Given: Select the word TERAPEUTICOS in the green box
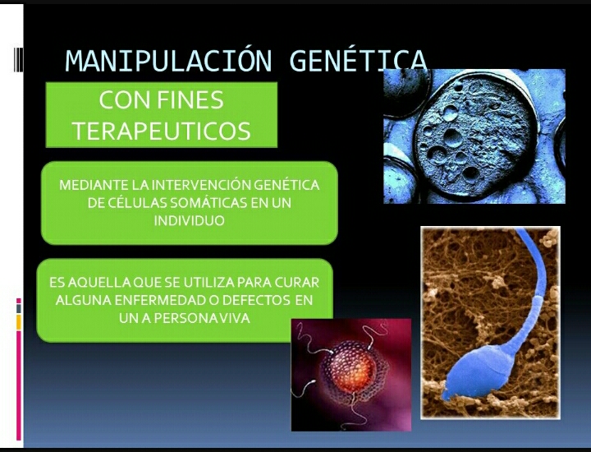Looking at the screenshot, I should (161, 131).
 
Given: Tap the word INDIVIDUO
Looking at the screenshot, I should (189, 220).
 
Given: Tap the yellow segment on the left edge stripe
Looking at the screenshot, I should (18, 322).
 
